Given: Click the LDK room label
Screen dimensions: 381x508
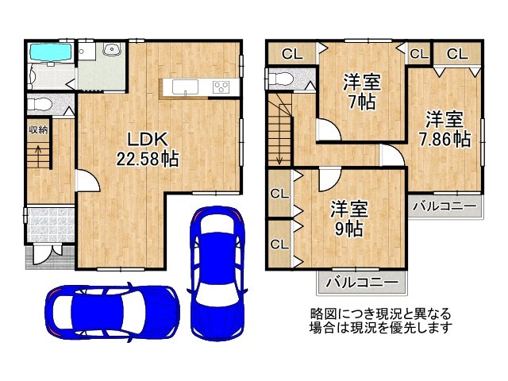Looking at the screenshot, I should point(137,133).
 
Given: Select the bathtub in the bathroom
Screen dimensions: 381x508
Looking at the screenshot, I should point(52,53).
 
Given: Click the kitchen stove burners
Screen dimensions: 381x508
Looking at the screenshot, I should point(221,87).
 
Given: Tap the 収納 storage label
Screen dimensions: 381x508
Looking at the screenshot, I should point(37,129).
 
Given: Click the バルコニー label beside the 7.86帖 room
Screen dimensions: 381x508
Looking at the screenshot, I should point(447,206).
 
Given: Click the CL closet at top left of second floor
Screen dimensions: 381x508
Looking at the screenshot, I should point(291,55).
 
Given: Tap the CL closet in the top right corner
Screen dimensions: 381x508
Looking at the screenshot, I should point(456,54).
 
